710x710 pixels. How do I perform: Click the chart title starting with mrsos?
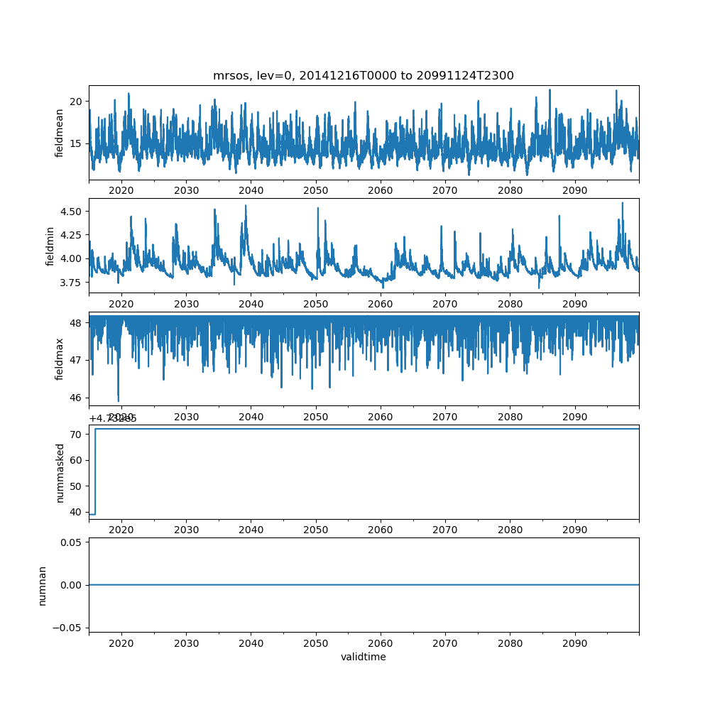(364, 75)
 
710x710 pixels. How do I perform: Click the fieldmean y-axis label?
(60, 133)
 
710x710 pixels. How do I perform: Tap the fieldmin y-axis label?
(50, 246)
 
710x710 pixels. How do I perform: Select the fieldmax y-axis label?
(60, 359)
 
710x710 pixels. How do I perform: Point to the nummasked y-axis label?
(60, 472)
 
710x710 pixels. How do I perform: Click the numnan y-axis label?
(42, 585)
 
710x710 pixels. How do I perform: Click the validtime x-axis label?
(364, 657)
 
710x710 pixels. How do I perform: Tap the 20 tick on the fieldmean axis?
(75, 101)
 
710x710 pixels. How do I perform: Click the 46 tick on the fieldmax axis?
(75, 397)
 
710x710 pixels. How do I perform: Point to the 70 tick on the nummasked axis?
(75, 434)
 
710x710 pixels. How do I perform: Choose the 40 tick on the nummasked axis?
(75, 513)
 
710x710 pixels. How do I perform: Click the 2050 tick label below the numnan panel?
(316, 643)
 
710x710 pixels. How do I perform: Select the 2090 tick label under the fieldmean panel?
(574, 190)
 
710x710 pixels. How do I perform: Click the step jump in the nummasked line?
(95, 471)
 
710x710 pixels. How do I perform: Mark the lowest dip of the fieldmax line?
(119, 400)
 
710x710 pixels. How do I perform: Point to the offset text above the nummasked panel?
(113, 418)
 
